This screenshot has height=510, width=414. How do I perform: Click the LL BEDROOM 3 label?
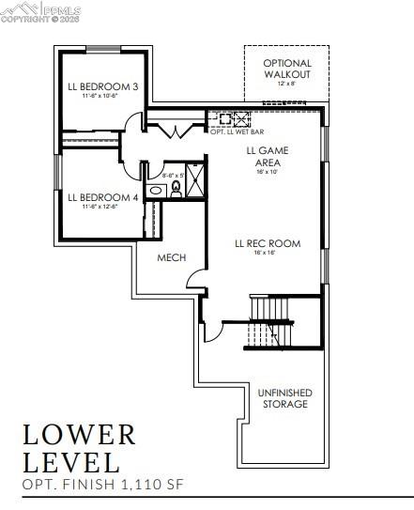click(102, 87)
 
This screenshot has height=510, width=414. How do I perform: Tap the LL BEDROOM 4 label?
click(102, 197)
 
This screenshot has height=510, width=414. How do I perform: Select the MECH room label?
click(171, 257)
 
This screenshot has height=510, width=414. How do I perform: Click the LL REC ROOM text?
click(268, 243)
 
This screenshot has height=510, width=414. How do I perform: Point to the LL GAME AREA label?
click(268, 155)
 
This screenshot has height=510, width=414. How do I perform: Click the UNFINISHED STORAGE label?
click(284, 398)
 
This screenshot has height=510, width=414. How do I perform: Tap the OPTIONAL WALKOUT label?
click(286, 69)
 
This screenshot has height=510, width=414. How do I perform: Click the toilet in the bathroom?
click(175, 190)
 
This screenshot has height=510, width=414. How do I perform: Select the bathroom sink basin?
click(157, 190)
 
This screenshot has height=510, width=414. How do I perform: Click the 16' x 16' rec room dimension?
click(268, 253)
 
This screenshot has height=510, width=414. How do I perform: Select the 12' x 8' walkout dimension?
click(286, 84)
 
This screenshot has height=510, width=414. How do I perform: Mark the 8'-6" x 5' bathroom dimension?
click(175, 175)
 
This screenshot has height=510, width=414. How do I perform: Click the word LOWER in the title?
click(80, 435)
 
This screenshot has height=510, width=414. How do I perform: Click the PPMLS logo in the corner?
click(42, 9)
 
